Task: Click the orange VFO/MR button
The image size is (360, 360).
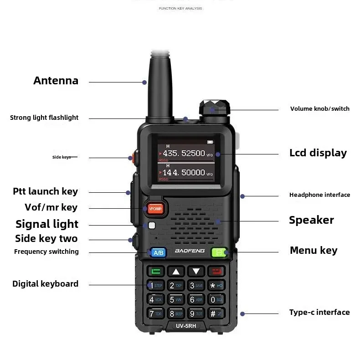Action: click(x=155, y=209)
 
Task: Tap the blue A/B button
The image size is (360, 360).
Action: click(x=158, y=252)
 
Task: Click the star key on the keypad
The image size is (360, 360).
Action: click(x=216, y=286)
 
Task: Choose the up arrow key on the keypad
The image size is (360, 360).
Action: click(x=176, y=272)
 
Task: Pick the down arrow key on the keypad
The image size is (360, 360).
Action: click(x=196, y=272)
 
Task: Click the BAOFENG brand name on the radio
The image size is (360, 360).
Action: click(x=189, y=251)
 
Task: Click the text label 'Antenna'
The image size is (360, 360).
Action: click(x=56, y=81)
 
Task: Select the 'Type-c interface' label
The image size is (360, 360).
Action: click(x=319, y=312)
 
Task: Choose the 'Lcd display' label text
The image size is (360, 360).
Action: click(x=318, y=153)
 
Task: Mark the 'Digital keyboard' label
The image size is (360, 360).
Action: click(x=45, y=284)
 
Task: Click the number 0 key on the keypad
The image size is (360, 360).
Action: click(x=216, y=299)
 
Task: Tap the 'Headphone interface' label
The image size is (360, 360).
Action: click(x=319, y=195)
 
